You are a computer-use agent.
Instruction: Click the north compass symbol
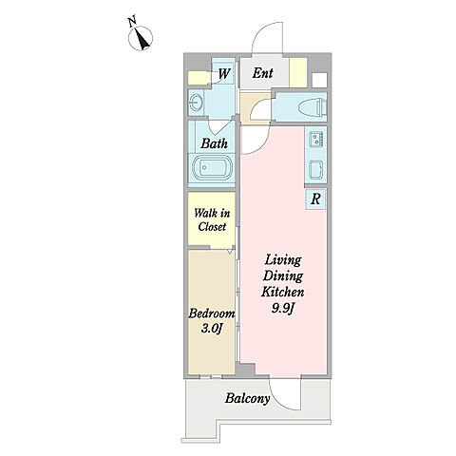(x=141, y=38)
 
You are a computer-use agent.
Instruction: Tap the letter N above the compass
(x=132, y=22)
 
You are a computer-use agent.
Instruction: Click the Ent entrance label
(x=262, y=73)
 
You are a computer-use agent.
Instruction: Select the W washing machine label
(x=224, y=74)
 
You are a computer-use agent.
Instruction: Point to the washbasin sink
(x=196, y=103)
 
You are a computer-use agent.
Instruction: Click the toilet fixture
(x=313, y=106)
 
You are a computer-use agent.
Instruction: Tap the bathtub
(x=211, y=168)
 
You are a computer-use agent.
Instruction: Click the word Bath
(x=215, y=143)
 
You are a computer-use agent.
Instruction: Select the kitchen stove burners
(x=316, y=139)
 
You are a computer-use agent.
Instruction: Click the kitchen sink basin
(x=316, y=169)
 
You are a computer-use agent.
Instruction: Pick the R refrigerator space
(x=315, y=199)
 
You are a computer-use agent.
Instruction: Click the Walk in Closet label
(x=212, y=219)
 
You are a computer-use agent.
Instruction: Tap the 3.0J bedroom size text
(x=211, y=329)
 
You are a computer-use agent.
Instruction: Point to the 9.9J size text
(x=283, y=308)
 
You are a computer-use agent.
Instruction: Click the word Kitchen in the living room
(x=283, y=292)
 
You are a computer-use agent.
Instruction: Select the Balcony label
(x=248, y=398)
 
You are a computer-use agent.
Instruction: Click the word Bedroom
(x=212, y=313)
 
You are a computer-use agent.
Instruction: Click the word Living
(x=283, y=260)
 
